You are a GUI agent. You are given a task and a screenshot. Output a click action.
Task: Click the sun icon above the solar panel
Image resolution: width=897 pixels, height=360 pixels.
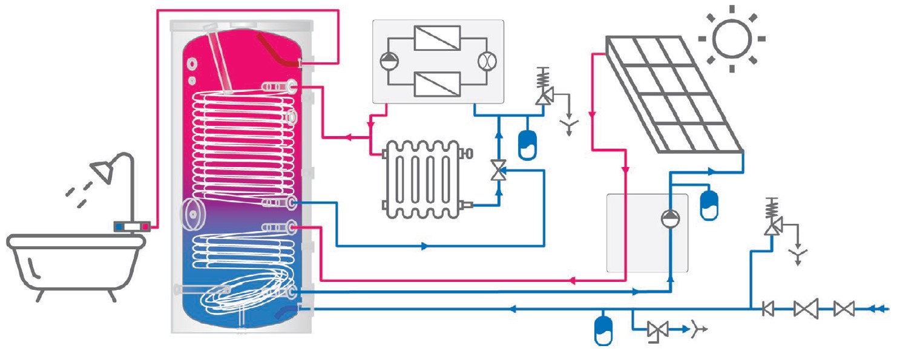click(731, 38)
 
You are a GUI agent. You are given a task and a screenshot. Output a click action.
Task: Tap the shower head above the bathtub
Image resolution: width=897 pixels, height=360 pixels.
click(102, 171)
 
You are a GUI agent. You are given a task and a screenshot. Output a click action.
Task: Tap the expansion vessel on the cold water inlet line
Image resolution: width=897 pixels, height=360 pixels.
click(603, 329)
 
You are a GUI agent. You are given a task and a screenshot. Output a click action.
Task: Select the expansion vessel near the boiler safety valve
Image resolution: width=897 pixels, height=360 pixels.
click(527, 143)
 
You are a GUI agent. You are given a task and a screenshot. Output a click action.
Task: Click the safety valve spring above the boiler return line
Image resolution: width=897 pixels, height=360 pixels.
click(543, 79)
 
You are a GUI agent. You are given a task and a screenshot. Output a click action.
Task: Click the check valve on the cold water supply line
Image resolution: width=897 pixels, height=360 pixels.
click(768, 309)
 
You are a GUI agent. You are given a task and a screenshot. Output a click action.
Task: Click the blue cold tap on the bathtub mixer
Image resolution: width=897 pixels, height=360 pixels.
click(121, 227)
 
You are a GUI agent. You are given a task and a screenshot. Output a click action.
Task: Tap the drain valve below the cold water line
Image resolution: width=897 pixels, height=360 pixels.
click(657, 330)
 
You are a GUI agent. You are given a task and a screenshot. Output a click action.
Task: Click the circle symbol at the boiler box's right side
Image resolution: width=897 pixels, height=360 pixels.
click(487, 61)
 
